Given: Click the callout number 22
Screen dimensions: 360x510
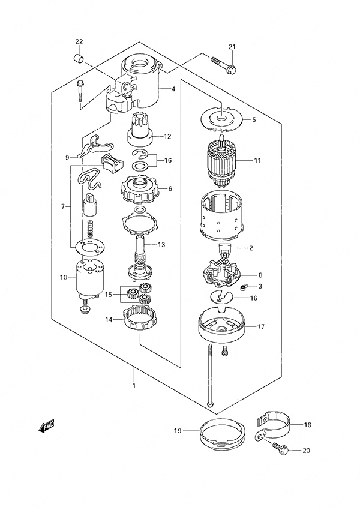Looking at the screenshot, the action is [79, 41].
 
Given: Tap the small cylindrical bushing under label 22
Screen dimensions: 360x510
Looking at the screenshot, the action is [79, 59].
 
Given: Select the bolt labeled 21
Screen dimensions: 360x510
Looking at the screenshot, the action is [223, 64].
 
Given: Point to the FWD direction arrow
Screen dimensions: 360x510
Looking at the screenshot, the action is [46, 427].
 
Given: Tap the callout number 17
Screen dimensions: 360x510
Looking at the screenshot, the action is [260, 326].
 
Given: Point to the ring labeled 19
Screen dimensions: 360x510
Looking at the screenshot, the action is [221, 436].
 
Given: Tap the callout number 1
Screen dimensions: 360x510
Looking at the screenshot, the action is [134, 386].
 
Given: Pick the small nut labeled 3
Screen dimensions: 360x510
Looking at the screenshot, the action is [244, 287].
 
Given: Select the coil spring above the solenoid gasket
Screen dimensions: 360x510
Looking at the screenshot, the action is [89, 229].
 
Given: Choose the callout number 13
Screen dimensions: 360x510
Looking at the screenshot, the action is [161, 245].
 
